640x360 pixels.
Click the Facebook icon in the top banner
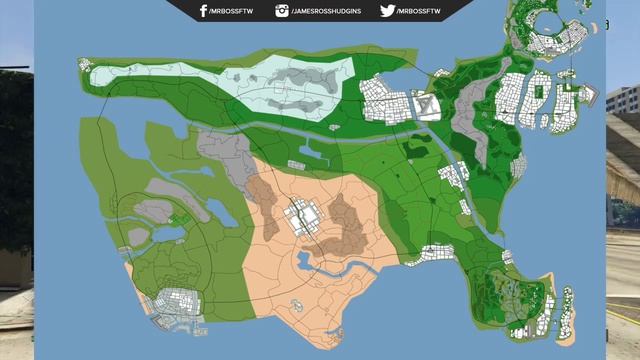pyautogui.click(x=203, y=11)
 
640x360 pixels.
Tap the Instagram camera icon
pyautogui.click(x=282, y=11)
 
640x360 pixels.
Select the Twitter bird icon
pyautogui.click(x=387, y=11)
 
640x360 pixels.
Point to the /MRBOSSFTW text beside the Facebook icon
pyautogui.click(x=231, y=11)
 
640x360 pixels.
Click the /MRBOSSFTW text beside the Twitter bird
pyautogui.click(x=418, y=11)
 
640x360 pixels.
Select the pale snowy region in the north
pyautogui.click(x=220, y=85)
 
